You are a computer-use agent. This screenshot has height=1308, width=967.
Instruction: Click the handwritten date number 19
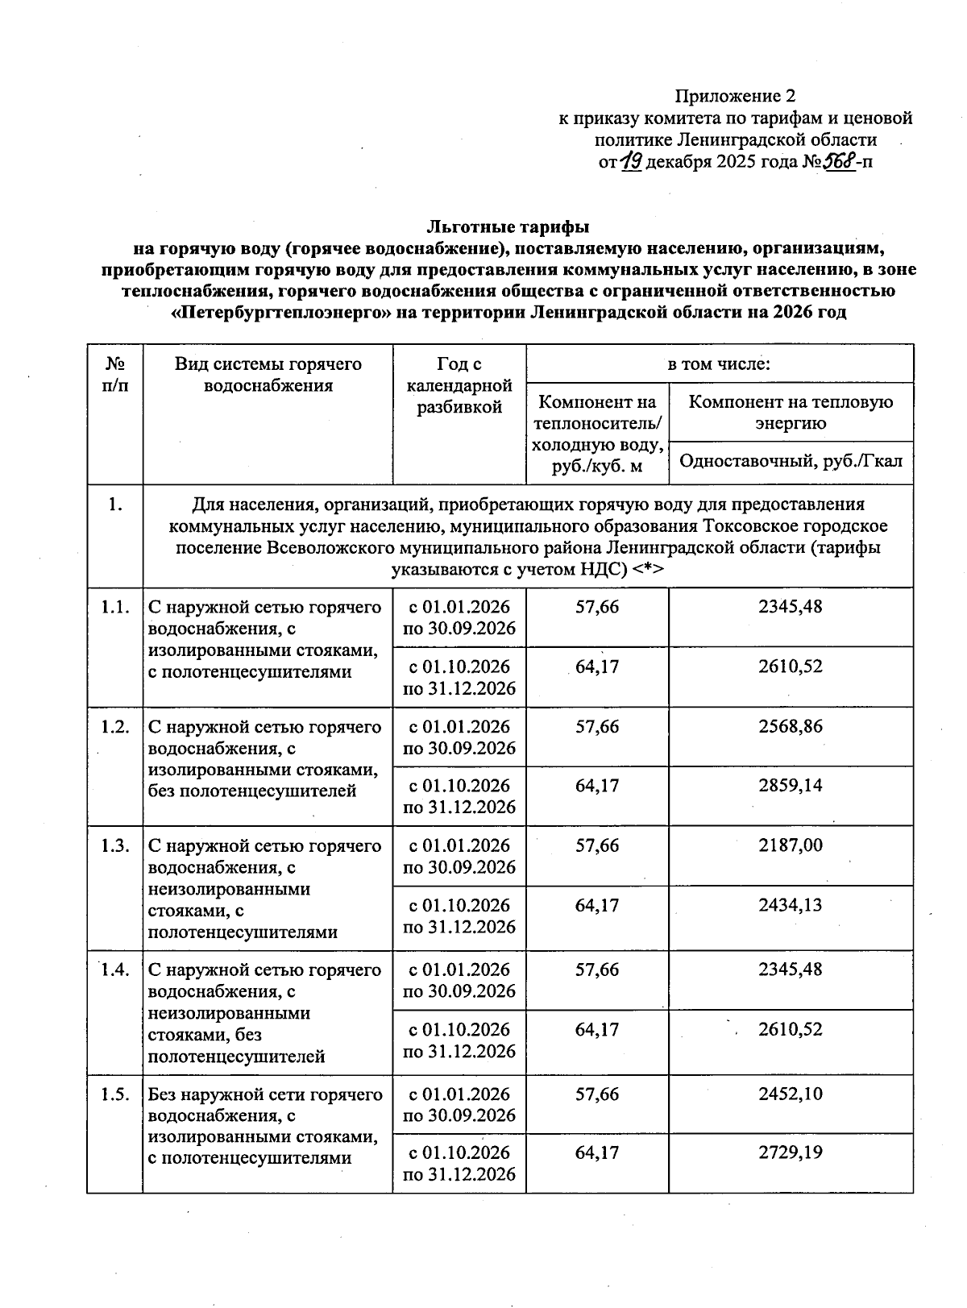click(x=632, y=162)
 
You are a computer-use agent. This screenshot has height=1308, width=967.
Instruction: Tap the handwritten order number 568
click(x=838, y=162)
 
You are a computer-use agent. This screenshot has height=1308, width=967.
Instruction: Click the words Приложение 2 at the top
click(x=729, y=97)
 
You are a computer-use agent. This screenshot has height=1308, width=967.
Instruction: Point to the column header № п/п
click(x=115, y=375)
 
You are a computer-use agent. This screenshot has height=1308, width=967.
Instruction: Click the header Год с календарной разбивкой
click(x=459, y=386)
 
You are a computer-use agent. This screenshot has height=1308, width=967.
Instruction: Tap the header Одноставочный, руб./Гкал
click(x=791, y=462)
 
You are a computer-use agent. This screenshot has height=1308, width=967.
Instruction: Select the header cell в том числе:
click(x=719, y=363)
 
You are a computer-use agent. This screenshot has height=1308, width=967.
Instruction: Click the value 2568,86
click(x=791, y=726)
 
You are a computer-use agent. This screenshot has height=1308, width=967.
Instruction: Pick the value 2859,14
click(x=791, y=785)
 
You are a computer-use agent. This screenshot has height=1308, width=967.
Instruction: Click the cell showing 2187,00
click(x=791, y=845)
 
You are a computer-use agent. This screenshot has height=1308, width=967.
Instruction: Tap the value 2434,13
click(x=791, y=905)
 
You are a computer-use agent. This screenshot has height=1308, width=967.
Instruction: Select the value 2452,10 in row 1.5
click(x=791, y=1094)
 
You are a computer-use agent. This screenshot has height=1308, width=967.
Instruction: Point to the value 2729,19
click(x=791, y=1152)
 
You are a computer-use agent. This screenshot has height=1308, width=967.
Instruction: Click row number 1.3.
click(x=115, y=845)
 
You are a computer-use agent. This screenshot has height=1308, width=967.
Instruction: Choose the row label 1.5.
click(x=115, y=1094)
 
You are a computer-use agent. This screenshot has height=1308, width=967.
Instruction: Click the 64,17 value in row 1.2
click(x=597, y=785)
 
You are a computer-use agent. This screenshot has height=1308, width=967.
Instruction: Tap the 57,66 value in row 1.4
click(x=597, y=970)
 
